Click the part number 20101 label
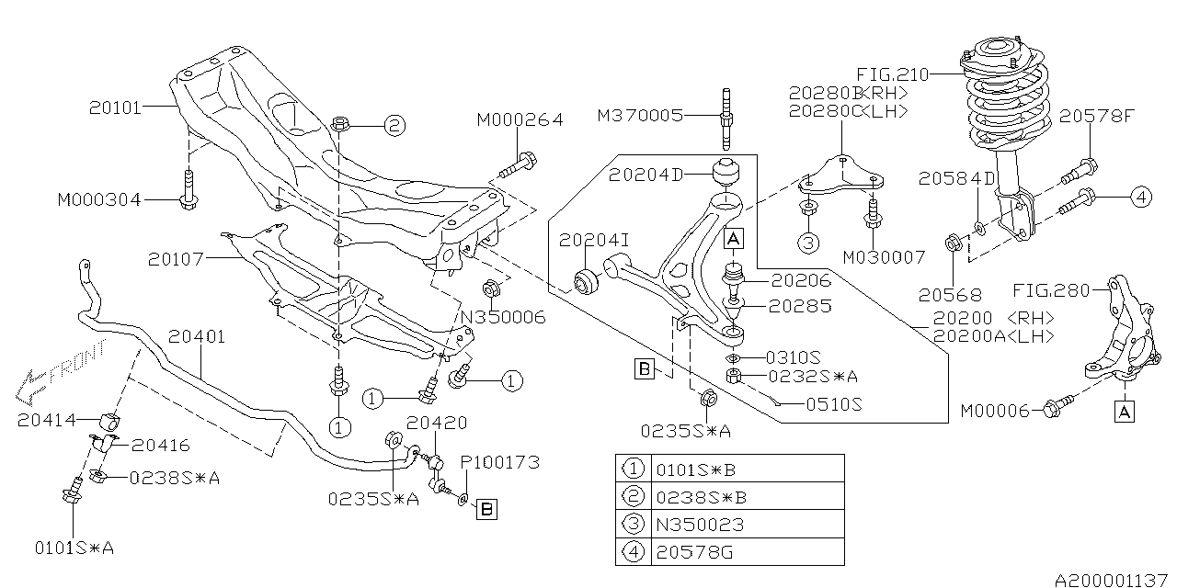[x=115, y=107]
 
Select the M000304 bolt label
[x=99, y=200]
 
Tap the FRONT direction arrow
[x=61, y=373]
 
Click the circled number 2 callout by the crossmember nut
[x=394, y=126]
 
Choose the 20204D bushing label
[x=646, y=175]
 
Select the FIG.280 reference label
[x=1051, y=290]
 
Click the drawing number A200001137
[x=1111, y=580]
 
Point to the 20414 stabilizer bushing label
[x=47, y=420]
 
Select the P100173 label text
[x=499, y=462]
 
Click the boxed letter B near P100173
[x=486, y=509]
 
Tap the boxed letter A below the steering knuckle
[x=1124, y=412]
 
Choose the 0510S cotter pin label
[x=834, y=404]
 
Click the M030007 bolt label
[x=884, y=257]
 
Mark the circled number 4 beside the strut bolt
[x=1141, y=198]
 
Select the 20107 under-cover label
[x=175, y=259]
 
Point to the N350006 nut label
[x=503, y=317]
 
